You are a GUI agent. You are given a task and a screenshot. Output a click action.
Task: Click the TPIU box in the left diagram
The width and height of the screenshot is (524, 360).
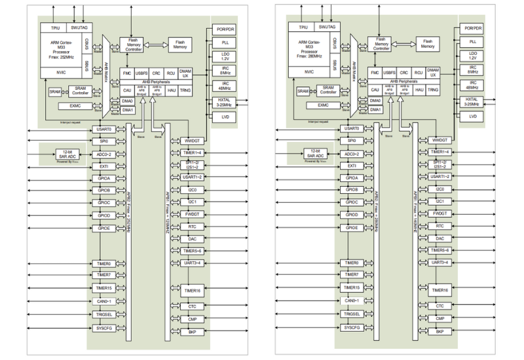point(55,27)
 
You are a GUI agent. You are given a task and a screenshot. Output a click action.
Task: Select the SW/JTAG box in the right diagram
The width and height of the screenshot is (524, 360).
point(326,27)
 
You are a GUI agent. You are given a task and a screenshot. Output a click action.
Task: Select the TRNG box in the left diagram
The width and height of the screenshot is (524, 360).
point(185,90)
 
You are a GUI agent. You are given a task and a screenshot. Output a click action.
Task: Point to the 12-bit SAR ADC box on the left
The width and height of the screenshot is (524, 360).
point(67,154)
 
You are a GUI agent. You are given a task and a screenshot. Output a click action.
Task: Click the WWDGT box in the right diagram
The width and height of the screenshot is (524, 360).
point(439,140)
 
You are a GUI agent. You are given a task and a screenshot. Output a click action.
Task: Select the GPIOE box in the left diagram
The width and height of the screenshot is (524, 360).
point(104,227)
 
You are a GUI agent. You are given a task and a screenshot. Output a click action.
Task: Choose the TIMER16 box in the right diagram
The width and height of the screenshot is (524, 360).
point(439,290)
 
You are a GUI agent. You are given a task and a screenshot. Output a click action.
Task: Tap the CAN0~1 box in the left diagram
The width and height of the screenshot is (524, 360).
point(104,300)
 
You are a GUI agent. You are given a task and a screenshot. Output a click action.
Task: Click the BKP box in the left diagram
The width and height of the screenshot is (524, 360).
point(193,331)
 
